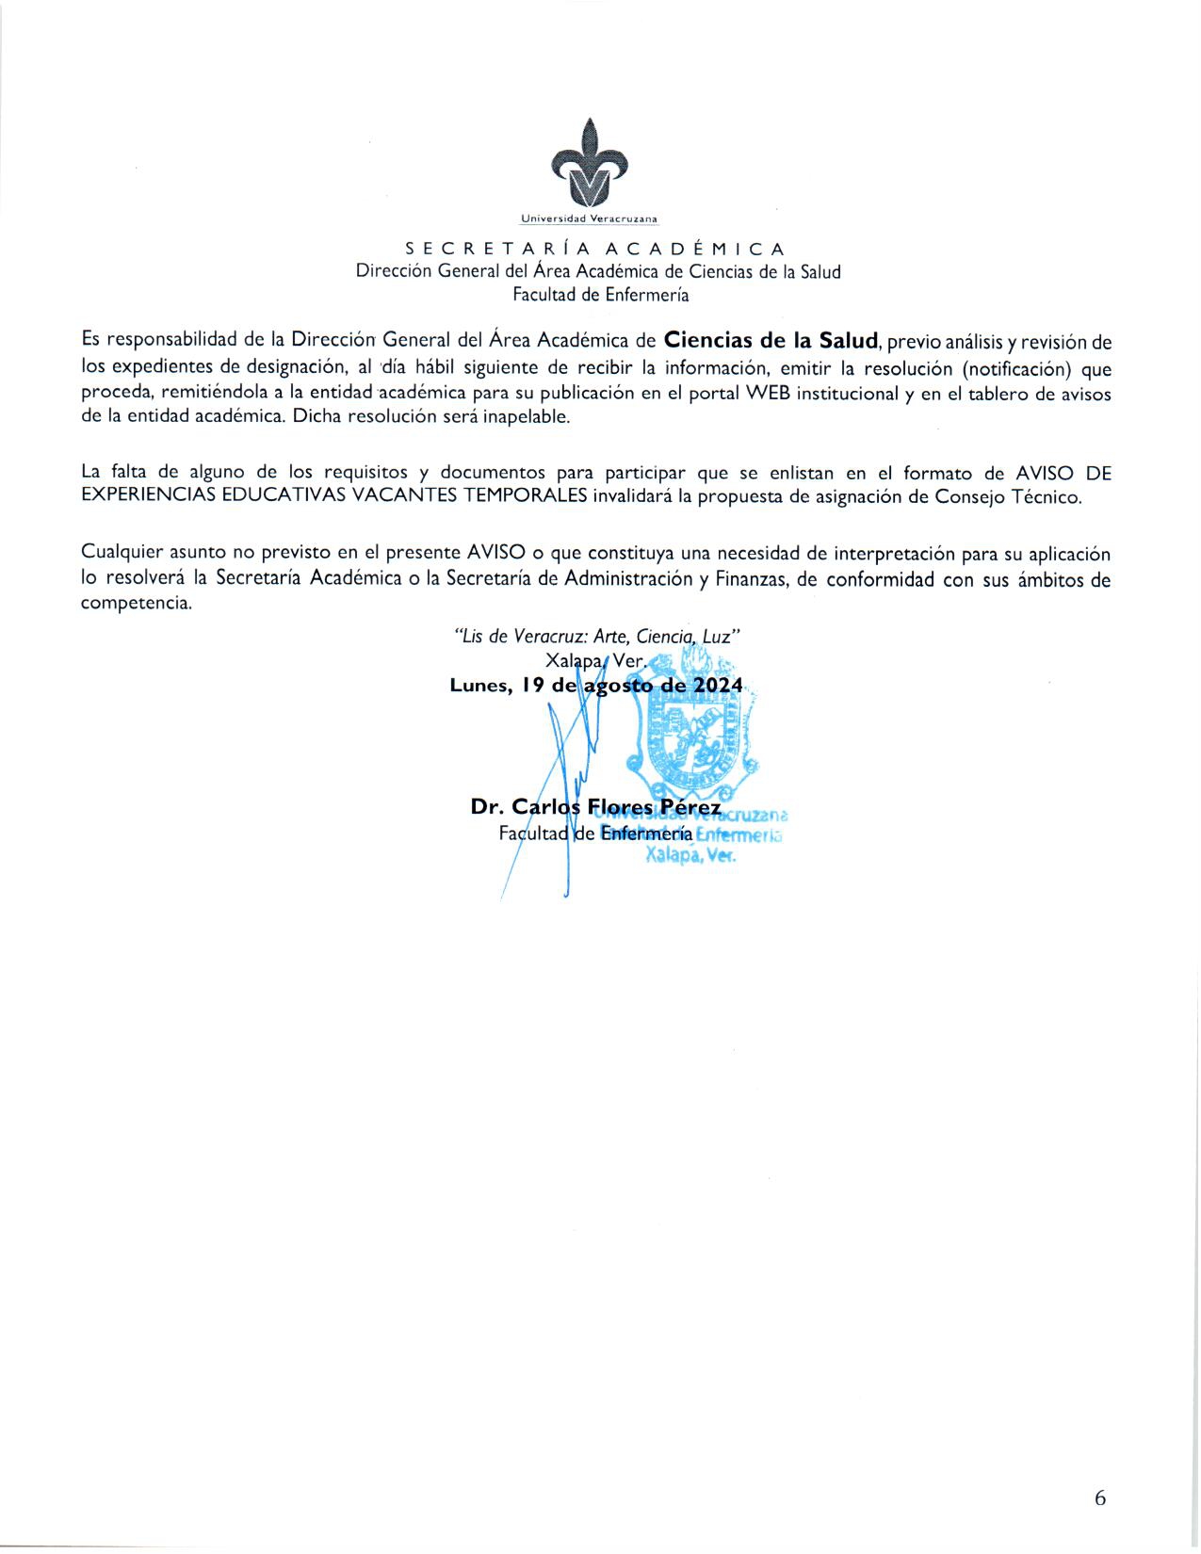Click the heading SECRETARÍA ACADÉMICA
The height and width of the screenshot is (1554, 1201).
595,250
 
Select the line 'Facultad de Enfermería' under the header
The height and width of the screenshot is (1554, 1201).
600,295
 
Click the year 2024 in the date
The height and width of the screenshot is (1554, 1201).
718,687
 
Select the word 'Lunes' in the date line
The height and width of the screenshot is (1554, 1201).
479,687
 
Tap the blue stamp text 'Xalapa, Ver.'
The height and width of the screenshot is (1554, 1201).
690,856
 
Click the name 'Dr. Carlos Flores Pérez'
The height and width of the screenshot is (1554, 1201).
595,808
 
